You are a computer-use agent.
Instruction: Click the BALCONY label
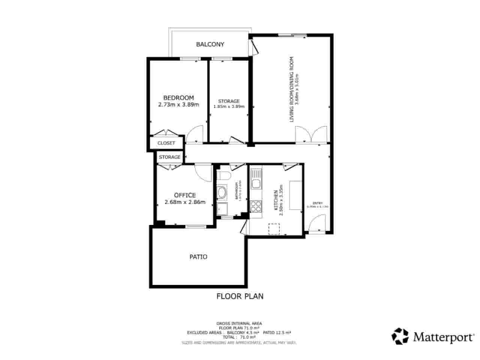pos(210,44)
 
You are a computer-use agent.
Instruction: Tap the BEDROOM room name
pos(178,98)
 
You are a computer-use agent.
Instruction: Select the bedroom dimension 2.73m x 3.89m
pos(178,105)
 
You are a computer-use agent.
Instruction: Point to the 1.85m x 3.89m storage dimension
pos(229,106)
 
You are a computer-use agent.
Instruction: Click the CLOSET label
pos(166,143)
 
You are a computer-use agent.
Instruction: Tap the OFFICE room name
pos(185,195)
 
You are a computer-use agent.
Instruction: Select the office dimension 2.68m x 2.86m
pos(185,202)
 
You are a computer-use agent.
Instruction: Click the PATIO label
pos(198,257)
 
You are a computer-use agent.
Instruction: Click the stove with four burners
pos(256,206)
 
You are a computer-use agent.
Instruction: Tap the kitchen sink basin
pos(256,184)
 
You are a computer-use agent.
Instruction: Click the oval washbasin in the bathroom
pos(222,193)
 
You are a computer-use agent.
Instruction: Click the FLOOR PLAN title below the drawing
pos(240,296)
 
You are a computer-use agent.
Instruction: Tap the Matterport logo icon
pos(400,336)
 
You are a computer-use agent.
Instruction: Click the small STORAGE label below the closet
pos(169,157)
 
